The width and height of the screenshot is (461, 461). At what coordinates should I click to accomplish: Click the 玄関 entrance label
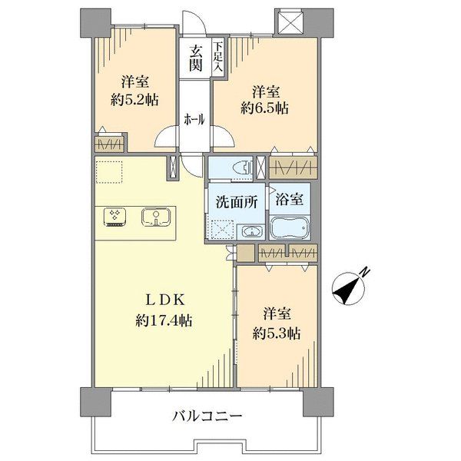[196, 58]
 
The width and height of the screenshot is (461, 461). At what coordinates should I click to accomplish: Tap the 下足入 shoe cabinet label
[217, 58]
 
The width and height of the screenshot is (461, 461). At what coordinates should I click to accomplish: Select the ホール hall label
[194, 119]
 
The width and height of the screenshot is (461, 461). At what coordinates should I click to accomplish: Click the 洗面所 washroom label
[234, 204]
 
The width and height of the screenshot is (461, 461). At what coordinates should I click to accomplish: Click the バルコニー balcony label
[207, 417]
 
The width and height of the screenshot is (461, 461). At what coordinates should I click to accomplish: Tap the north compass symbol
[349, 287]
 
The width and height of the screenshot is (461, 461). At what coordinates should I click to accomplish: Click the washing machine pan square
[222, 229]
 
